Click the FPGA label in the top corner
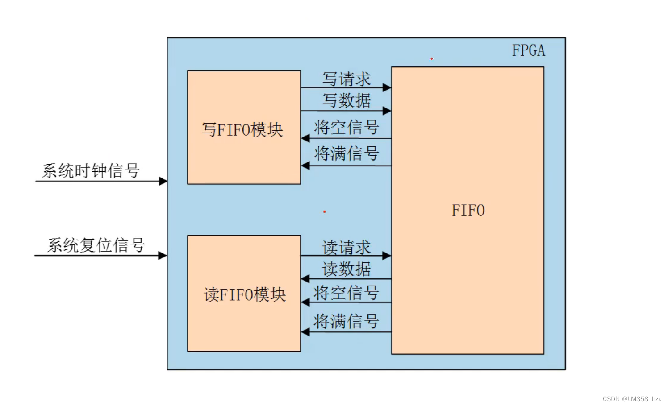tap(528, 51)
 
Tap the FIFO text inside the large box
tap(468, 211)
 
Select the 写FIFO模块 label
tap(242, 130)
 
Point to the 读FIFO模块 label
tap(245, 295)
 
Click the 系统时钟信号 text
tap(91, 171)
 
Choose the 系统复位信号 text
tap(96, 245)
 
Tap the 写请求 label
tap(347, 79)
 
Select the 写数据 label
tap(347, 100)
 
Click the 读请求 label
tap(347, 248)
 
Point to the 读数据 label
tap(347, 269)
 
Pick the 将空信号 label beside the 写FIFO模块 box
tap(347, 128)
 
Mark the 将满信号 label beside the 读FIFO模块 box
tap(347, 321)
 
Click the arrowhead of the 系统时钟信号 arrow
tap(163, 181)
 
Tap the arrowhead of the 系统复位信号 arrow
tap(163, 256)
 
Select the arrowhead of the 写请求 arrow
tap(387, 87)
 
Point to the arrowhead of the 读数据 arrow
tap(305, 279)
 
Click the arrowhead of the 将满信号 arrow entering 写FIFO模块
tap(305, 166)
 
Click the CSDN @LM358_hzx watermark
tap(631, 399)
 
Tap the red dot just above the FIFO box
tap(431, 58)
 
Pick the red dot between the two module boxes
tap(325, 211)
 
